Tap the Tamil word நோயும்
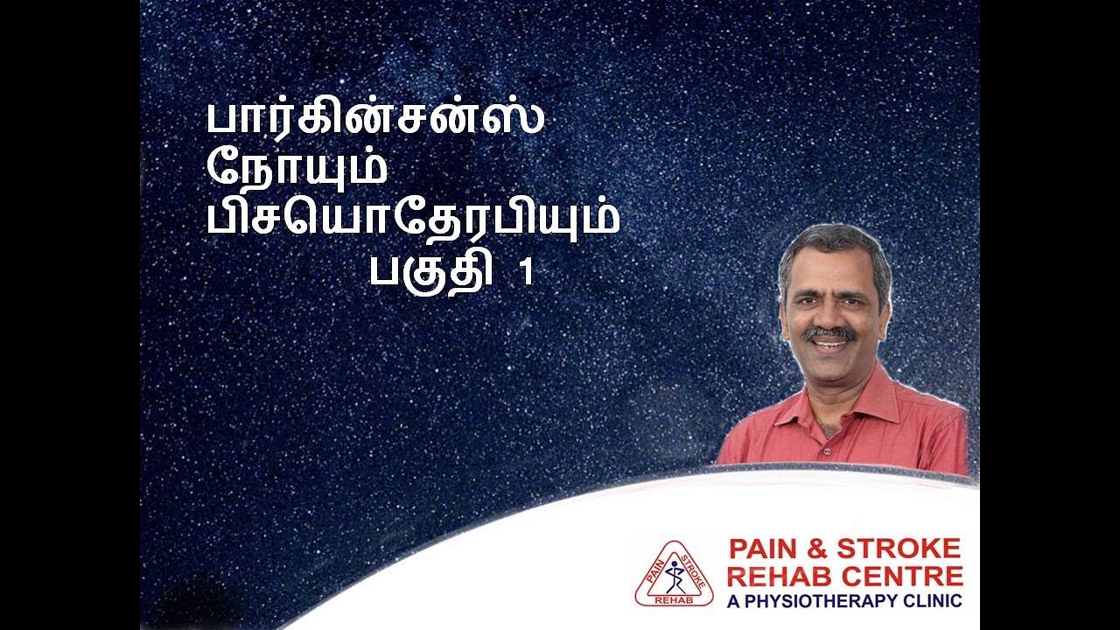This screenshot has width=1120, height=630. pyautogui.click(x=297, y=167)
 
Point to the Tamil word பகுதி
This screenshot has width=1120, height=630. pyautogui.click(x=428, y=272)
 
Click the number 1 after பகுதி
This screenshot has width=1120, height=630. pyautogui.click(x=526, y=273)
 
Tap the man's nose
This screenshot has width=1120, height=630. pyautogui.click(x=830, y=315)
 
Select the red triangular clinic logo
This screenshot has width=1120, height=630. pyautogui.click(x=674, y=574)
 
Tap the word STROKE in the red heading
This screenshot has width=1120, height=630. pyautogui.click(x=899, y=549)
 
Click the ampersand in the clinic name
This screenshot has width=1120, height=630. pyautogui.click(x=821, y=549)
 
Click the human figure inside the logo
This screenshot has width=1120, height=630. pyautogui.click(x=673, y=573)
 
